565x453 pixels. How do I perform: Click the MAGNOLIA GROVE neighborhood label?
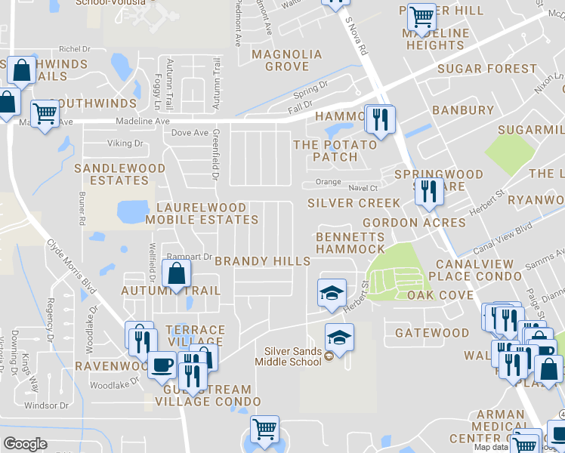[x=286, y=60]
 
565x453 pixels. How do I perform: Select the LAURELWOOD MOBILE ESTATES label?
[x=202, y=214]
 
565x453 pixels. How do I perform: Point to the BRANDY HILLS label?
[x=262, y=261]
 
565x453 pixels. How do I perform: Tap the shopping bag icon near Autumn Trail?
[x=176, y=274]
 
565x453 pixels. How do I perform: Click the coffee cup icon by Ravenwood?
[x=162, y=365]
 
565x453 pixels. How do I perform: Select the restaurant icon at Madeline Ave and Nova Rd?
[x=380, y=119]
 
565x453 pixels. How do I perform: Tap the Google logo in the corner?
[x=25, y=444]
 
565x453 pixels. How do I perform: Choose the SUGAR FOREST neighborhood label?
[x=487, y=69]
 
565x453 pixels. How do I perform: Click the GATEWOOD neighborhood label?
[x=432, y=333]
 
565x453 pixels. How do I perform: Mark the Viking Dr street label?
[x=125, y=143]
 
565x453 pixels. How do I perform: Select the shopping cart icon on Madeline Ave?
[x=45, y=113]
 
